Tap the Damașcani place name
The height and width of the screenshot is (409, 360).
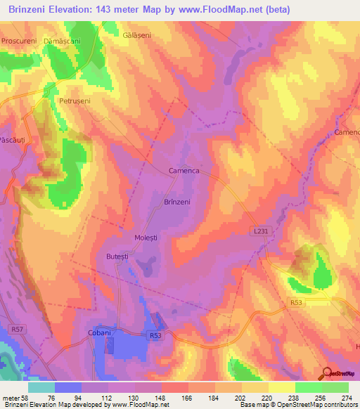click(x=63, y=42)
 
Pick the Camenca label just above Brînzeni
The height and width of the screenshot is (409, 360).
click(x=185, y=171)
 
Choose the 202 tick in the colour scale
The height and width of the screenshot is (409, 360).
click(x=231, y=397)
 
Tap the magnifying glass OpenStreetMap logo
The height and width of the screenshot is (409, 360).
click(x=326, y=373)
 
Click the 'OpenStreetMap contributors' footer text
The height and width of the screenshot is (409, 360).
click(x=317, y=405)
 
